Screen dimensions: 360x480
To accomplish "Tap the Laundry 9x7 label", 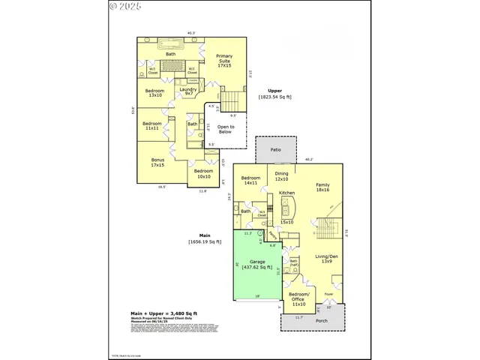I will (x=188, y=91).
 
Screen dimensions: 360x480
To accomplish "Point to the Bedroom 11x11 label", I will (x=152, y=125).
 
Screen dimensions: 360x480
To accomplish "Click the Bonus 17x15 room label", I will (x=157, y=162).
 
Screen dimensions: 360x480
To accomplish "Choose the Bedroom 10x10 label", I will (x=203, y=174).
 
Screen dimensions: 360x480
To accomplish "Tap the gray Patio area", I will (x=275, y=150).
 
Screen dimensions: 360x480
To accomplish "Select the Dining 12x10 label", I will (x=281, y=177).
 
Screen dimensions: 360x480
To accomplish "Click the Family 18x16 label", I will (x=323, y=187).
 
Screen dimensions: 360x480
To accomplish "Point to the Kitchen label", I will (x=287, y=193).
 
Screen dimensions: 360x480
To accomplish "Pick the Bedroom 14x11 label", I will (x=250, y=180).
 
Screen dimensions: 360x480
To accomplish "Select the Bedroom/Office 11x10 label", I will (x=298, y=301).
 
